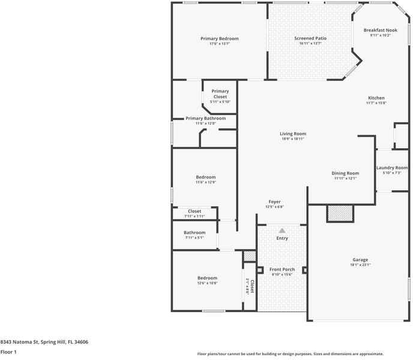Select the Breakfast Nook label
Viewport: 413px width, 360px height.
point(380,30)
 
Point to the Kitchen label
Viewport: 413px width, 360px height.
point(376,98)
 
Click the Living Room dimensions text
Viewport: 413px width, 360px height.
point(293,139)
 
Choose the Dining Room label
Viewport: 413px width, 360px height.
point(345,173)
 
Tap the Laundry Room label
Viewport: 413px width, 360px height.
point(392,168)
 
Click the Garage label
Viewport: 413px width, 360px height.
point(360,260)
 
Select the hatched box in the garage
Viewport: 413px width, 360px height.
point(340,213)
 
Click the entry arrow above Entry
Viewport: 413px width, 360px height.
point(282,230)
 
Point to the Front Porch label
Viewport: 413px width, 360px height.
point(282,269)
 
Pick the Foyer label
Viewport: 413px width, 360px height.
point(274,202)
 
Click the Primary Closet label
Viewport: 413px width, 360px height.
point(220,94)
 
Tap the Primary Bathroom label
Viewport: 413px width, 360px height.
point(205,118)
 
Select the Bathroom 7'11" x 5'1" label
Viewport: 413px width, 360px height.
point(194,233)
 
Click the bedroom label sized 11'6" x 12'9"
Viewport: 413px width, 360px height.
point(205,177)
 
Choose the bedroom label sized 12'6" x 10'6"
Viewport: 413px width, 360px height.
point(207,278)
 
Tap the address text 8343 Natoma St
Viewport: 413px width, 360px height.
point(44,342)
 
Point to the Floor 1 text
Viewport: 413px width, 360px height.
point(8,352)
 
